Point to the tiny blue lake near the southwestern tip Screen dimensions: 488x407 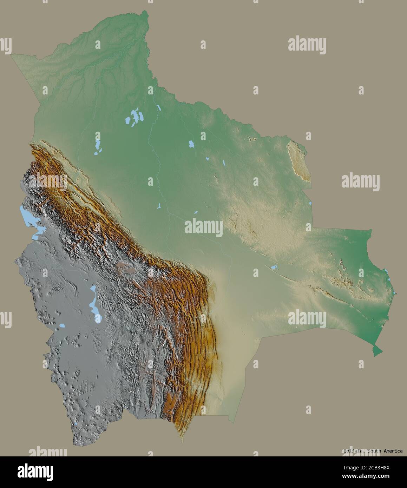[x=77, y=426]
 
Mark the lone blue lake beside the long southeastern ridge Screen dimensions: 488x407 [x=274, y=268]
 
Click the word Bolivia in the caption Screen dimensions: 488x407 [x=353, y=451]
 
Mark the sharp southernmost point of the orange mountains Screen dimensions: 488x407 [x=182, y=442]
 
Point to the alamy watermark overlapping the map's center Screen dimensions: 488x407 [x=203, y=227]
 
